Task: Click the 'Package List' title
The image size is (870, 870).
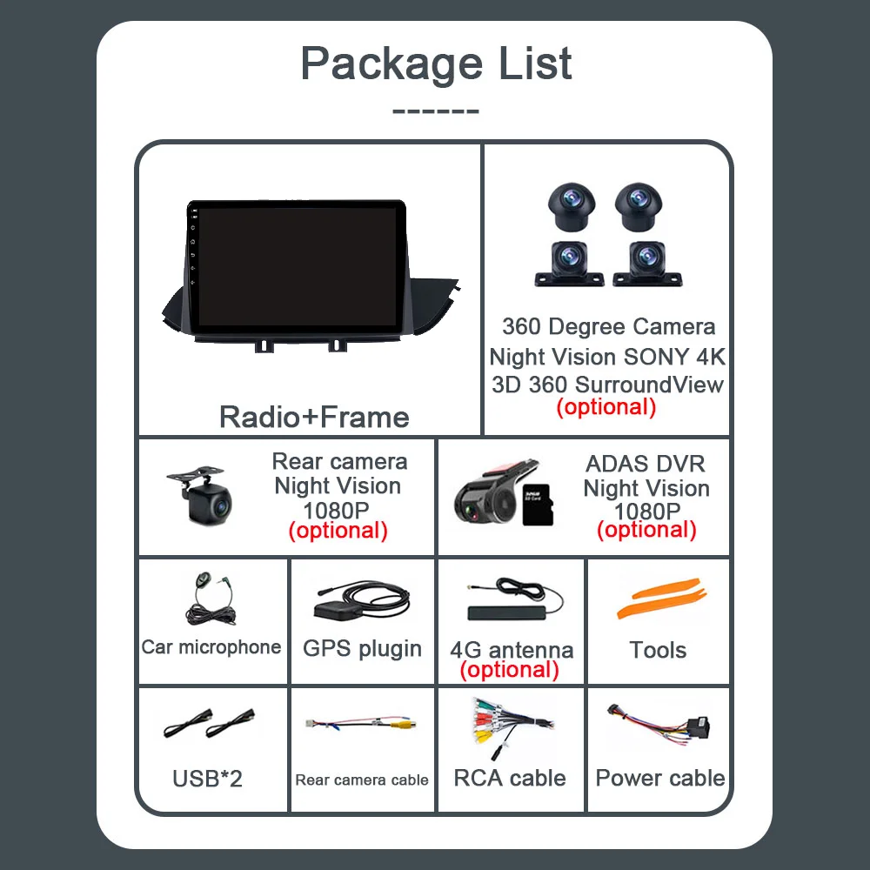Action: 436,64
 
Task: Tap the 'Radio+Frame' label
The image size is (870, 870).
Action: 314,417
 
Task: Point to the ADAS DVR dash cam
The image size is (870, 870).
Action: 484,494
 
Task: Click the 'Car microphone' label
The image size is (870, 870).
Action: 211,646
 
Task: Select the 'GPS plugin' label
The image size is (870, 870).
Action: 362,648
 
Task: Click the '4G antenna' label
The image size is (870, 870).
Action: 512,650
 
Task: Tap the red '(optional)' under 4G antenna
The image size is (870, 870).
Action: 510,669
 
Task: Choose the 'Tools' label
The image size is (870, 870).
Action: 658,650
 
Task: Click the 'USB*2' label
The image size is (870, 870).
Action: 207,778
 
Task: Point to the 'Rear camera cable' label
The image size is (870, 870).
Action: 362,780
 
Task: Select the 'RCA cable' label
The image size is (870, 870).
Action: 510,778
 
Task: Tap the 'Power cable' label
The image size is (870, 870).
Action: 660,778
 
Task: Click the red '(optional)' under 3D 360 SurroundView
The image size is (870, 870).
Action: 606,406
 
